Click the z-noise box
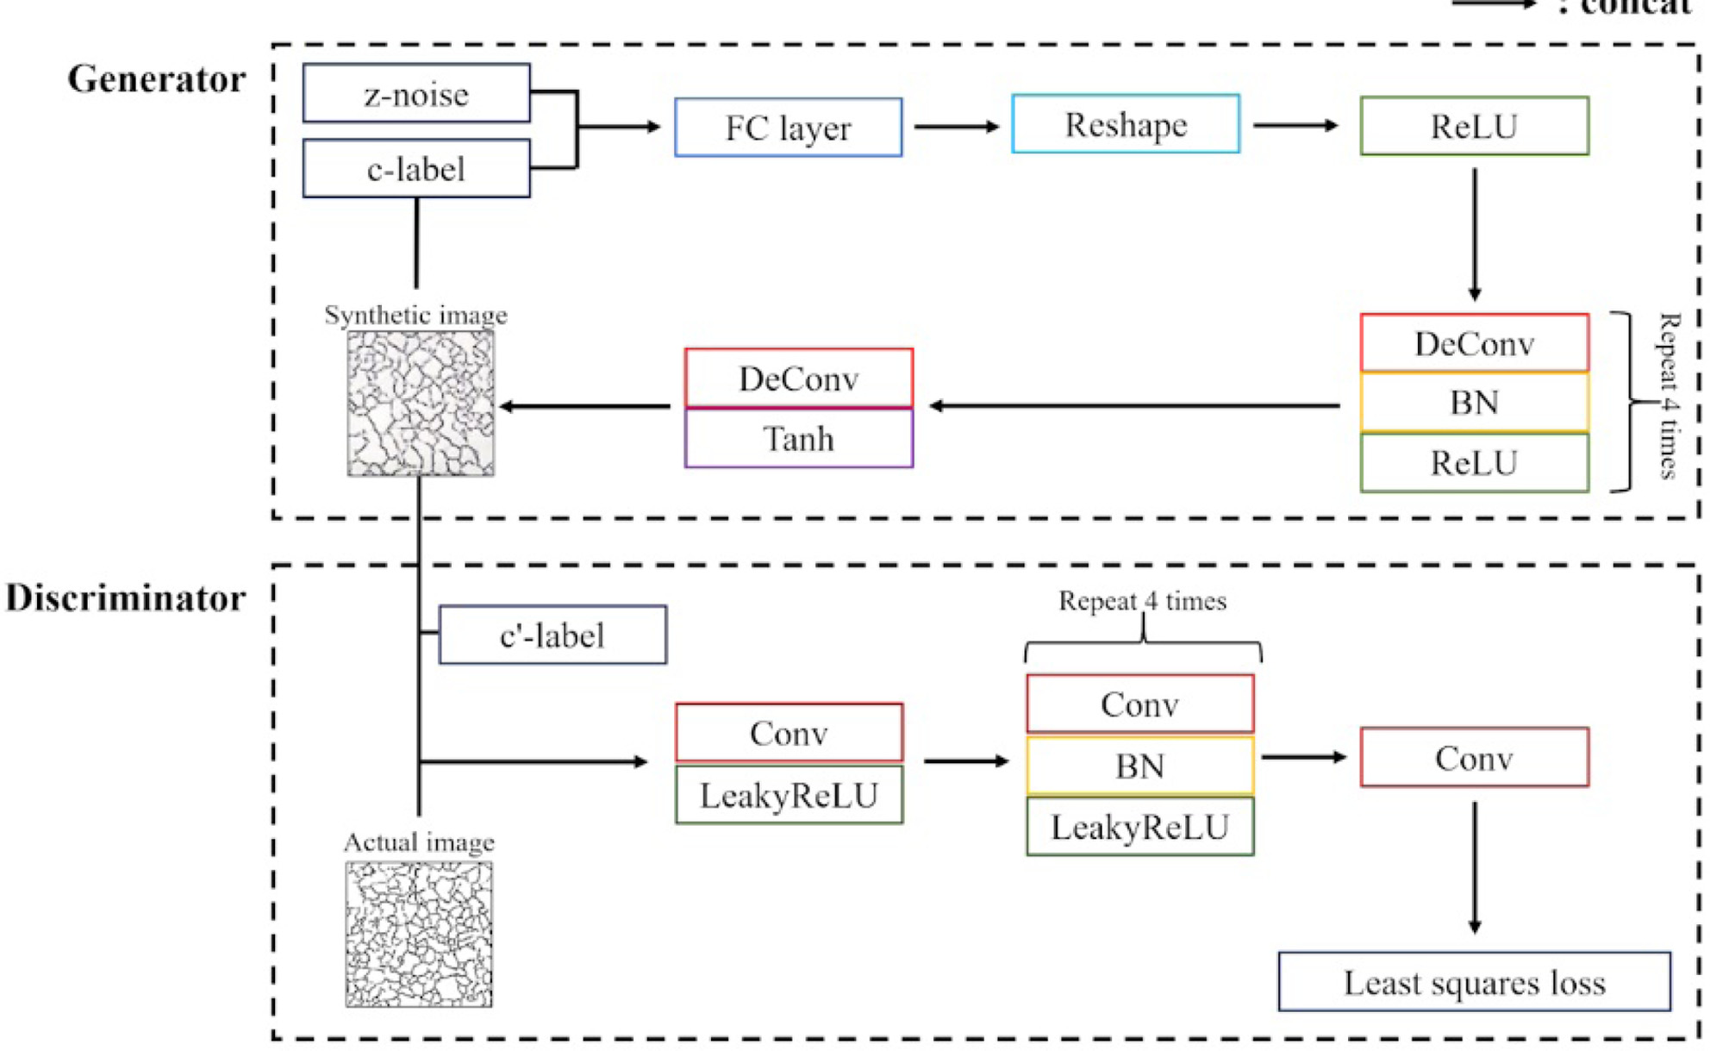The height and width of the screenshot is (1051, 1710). (x=416, y=93)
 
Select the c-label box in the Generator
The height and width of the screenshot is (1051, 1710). (x=416, y=169)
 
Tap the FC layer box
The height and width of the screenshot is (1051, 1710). (x=788, y=128)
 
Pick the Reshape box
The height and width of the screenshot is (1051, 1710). (x=1126, y=125)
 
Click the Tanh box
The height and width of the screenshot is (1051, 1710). (x=798, y=439)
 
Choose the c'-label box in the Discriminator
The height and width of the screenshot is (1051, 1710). (x=552, y=635)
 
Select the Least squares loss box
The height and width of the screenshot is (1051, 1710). (x=1474, y=982)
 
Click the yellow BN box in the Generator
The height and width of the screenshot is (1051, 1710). (x=1474, y=403)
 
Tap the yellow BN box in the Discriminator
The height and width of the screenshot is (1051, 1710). (x=1139, y=766)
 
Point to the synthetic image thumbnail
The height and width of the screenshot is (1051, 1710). (x=421, y=404)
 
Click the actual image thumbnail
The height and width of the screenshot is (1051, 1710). (x=419, y=935)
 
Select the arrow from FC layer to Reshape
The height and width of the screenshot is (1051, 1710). (x=956, y=127)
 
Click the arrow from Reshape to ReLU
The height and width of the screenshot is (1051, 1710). (x=1295, y=126)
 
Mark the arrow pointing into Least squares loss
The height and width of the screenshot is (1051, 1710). (x=1474, y=867)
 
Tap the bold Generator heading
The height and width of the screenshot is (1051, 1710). (x=156, y=79)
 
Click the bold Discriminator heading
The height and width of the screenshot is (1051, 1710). (x=126, y=598)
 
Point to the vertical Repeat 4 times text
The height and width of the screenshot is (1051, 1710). (x=1669, y=396)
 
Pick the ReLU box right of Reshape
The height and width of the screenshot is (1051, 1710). (x=1474, y=127)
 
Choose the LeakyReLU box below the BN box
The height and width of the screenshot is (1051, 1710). (x=1139, y=827)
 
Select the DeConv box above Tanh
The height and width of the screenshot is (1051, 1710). (x=798, y=378)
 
